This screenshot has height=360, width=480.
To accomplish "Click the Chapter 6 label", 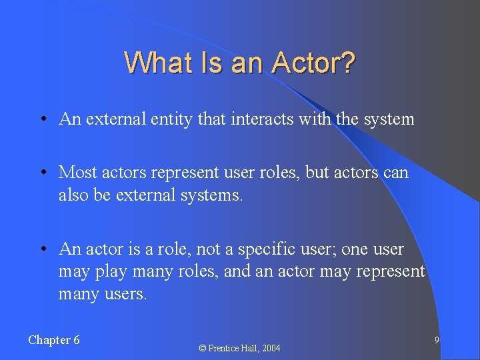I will tap(54, 340).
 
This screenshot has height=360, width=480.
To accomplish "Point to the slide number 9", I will tap(436, 340).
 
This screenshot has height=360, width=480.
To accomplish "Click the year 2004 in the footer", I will tap(270, 348).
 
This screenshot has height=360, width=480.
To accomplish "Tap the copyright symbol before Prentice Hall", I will tap(203, 348).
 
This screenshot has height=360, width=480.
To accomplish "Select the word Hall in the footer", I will tap(246, 348).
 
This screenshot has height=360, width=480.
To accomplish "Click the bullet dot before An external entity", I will tap(42, 120).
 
